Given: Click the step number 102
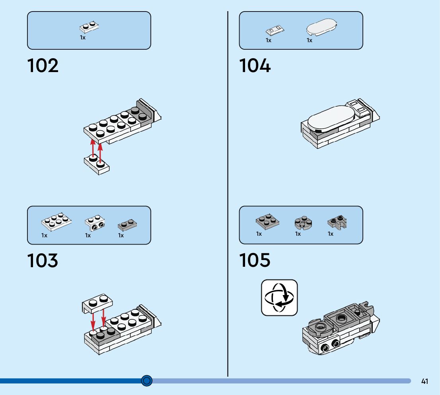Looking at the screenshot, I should coord(43,66).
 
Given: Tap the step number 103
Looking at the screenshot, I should coord(43,260).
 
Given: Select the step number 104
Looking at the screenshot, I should coord(255,66).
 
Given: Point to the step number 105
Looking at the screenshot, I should coord(255,260).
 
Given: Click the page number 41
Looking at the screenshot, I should coord(424,381).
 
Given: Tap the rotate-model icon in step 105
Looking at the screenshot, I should coord(279,297).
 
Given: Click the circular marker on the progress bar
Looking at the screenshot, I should coord(147,381).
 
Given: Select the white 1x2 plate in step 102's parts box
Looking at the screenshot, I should coord(89,27).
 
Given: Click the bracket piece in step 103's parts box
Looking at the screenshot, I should coord(95,223).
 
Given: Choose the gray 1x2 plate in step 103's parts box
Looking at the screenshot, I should coord(128,225).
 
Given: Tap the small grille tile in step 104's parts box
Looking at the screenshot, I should coord(275,29).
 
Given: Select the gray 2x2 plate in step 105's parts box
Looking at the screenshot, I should coord(267,221).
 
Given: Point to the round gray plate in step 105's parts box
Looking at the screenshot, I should coord(303,223).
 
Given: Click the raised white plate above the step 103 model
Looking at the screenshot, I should coord(97,303).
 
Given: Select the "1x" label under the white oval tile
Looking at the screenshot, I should coord(310,40).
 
